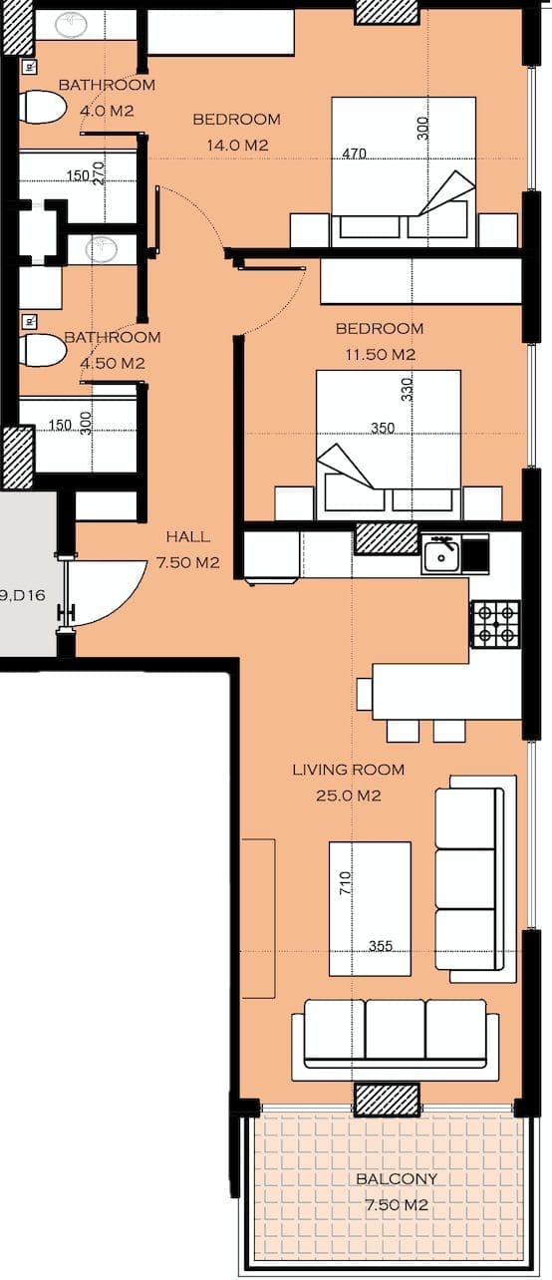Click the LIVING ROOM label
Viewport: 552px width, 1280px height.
tap(348, 770)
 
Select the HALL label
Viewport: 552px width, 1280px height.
tap(188, 536)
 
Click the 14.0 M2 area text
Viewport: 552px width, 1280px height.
tap(237, 146)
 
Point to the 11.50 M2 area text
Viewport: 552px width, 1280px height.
tap(380, 354)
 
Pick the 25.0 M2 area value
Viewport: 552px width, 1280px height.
tap(348, 796)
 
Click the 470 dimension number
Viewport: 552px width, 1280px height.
tap(355, 154)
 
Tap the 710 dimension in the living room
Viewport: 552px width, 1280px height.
tap(346, 883)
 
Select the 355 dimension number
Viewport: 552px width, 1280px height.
tap(381, 946)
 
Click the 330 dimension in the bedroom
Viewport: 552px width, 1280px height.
tap(407, 390)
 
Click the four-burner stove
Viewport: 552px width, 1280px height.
tap(495, 623)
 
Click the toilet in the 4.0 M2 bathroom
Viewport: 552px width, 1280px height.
tap(43, 107)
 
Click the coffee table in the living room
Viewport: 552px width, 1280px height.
tap(370, 908)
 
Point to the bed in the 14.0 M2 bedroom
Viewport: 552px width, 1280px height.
tap(404, 172)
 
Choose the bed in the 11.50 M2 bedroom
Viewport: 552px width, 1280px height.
tap(389, 445)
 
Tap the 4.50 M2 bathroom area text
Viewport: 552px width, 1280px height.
tap(112, 363)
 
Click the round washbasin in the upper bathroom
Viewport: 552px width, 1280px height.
tap(72, 25)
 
